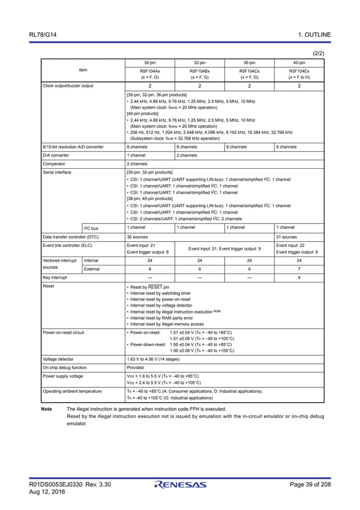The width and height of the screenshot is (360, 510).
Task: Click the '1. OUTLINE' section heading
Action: pyautogui.click(x=314, y=35)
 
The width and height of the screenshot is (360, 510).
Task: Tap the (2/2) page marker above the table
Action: pyautogui.click(x=318, y=54)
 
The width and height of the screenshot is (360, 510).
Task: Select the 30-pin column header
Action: pyautogui.click(x=150, y=63)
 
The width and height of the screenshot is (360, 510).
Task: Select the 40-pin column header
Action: pyautogui.click(x=299, y=63)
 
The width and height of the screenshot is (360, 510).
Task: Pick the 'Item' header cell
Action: pyautogui.click(x=83, y=70)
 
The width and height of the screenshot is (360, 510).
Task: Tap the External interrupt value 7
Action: pyautogui.click(x=299, y=269)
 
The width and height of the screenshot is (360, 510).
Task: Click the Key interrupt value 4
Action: pyautogui.click(x=299, y=278)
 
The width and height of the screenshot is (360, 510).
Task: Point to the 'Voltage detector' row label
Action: pyautogui.click(x=58, y=359)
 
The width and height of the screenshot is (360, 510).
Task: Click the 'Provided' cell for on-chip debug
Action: pyautogui.click(x=136, y=367)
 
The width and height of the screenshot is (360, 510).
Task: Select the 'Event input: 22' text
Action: pyautogui.click(x=291, y=246)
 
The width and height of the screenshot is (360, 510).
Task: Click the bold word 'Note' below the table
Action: pyautogui.click(x=47, y=409)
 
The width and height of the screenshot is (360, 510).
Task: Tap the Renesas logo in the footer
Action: pyautogui.click(x=180, y=485)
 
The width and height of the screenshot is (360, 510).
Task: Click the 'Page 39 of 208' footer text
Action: pyautogui.click(x=310, y=485)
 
